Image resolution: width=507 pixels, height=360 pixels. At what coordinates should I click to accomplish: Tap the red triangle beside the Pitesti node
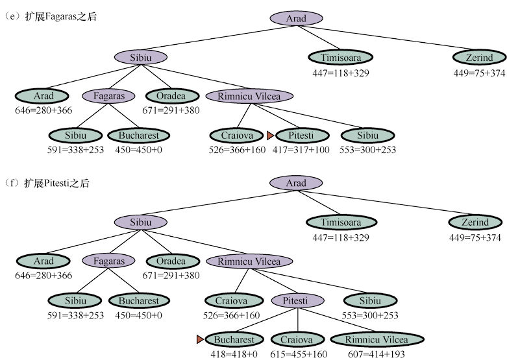click(x=271, y=136)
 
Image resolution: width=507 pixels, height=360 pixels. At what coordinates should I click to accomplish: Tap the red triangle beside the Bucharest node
click(x=201, y=339)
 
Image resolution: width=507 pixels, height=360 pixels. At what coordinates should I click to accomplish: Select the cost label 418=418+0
click(x=234, y=354)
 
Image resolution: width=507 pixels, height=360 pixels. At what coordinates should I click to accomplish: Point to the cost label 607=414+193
click(x=377, y=354)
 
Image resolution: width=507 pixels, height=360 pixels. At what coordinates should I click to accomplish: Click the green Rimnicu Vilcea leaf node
click(x=377, y=339)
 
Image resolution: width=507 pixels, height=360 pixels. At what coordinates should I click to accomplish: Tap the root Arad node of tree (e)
click(x=296, y=18)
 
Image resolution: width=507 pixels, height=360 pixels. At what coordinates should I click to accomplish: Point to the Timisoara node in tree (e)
click(x=340, y=57)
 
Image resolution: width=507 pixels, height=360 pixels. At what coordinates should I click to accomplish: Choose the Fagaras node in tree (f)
click(x=108, y=261)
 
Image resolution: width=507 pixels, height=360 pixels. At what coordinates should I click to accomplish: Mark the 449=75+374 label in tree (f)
click(x=477, y=237)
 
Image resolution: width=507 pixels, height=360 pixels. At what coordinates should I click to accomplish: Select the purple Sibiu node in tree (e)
click(x=141, y=57)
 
